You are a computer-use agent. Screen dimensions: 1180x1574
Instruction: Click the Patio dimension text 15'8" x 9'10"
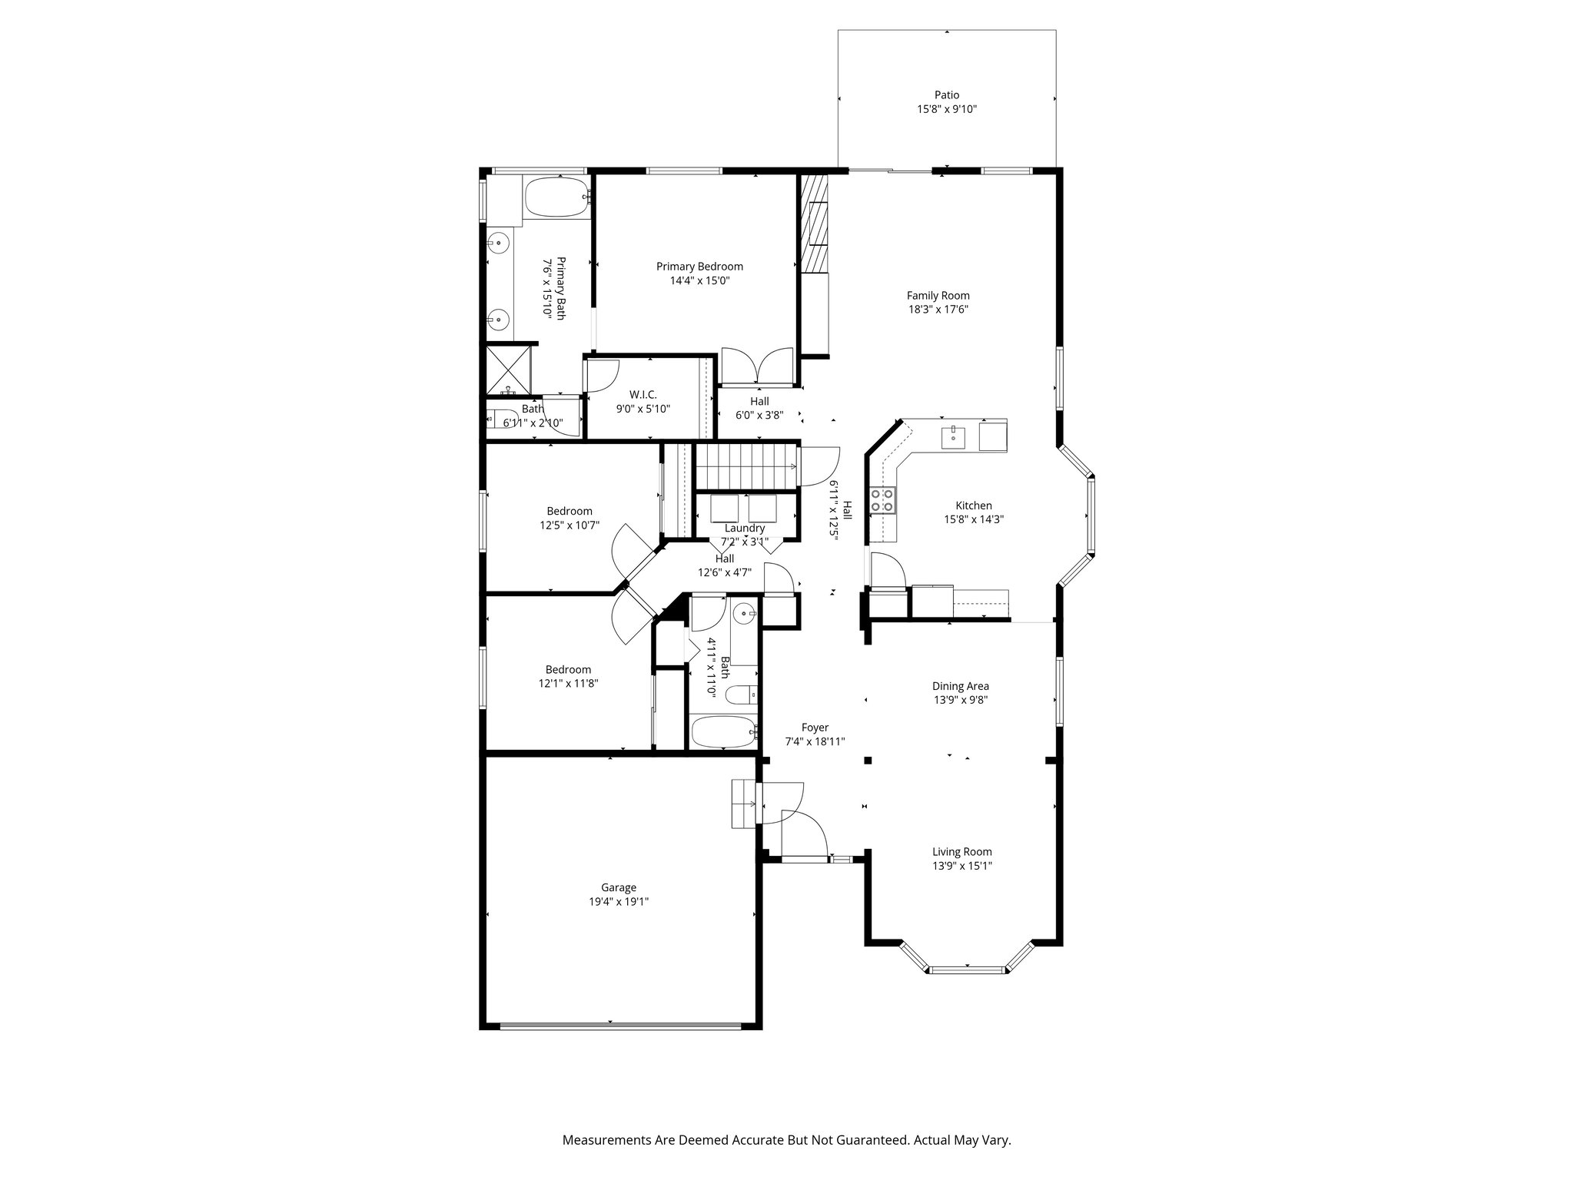click(x=946, y=109)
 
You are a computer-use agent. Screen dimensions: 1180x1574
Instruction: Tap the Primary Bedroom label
click(x=699, y=267)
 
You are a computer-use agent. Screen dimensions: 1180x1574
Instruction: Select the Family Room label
click(x=938, y=295)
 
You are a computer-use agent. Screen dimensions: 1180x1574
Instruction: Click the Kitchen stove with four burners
click(x=882, y=500)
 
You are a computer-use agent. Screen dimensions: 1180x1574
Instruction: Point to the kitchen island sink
click(x=953, y=436)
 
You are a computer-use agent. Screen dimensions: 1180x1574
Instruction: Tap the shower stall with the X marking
click(x=509, y=370)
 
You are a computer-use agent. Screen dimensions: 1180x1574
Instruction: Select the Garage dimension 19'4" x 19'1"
click(x=619, y=902)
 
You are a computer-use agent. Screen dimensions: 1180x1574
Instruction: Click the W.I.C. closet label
click(x=643, y=394)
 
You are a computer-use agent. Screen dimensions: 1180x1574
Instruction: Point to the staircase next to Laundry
click(x=744, y=466)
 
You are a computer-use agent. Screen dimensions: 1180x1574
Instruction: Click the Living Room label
click(x=961, y=851)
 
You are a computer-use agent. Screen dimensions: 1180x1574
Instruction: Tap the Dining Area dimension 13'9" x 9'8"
click(x=960, y=700)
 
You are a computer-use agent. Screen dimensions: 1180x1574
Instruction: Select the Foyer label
click(x=815, y=728)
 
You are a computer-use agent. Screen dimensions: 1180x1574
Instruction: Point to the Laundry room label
click(x=744, y=528)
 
